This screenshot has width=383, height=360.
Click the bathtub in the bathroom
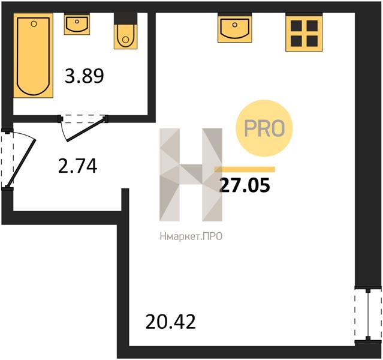click(x=33, y=56)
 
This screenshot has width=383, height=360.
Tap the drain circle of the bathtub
click(x=34, y=24)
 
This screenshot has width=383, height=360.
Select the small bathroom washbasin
click(x=77, y=24)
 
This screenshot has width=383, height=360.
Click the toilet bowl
click(x=125, y=37)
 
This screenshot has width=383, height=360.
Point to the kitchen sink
click(x=235, y=28)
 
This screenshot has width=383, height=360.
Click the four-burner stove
click(x=304, y=33)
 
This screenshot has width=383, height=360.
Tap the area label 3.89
click(x=85, y=76)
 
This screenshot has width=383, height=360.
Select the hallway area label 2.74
click(x=78, y=166)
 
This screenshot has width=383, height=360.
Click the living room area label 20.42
click(x=170, y=322)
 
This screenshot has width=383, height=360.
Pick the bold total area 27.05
click(x=245, y=185)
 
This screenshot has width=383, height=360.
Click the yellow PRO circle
click(x=264, y=128)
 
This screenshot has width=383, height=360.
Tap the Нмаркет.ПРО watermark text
click(x=191, y=236)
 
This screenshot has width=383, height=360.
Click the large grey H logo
click(x=191, y=175)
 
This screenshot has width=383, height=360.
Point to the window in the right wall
click(x=368, y=315)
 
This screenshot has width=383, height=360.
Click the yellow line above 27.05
click(x=245, y=169)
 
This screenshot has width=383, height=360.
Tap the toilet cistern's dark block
click(x=125, y=19)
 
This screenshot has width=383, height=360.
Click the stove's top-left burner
click(x=296, y=26)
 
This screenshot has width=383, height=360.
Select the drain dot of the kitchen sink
click(x=235, y=25)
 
